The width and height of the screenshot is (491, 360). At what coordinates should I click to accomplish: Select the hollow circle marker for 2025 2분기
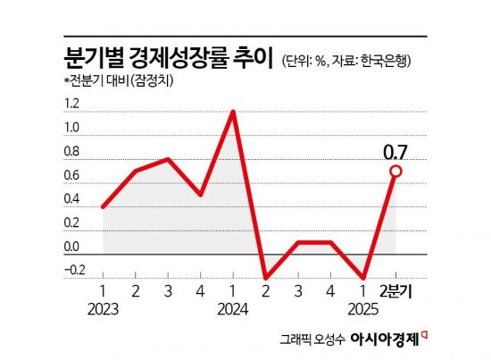(395, 171)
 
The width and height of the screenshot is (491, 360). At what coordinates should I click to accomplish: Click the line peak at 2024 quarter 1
(233, 112)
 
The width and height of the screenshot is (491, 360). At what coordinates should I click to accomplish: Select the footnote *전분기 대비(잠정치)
(109, 82)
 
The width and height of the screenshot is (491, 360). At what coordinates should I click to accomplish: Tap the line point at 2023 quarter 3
(168, 159)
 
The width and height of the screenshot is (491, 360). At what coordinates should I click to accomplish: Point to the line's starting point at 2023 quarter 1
(104, 206)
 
